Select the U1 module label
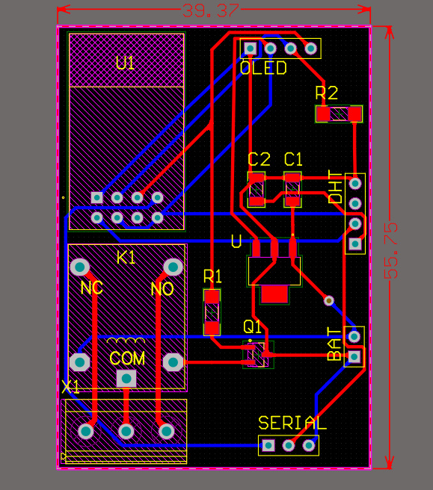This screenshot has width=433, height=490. pyautogui.click(x=126, y=63)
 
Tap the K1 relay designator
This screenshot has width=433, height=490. pyautogui.click(x=126, y=258)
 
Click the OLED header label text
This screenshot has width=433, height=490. pyautogui.click(x=263, y=69)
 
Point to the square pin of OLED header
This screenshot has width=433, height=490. pyautogui.click(x=250, y=49)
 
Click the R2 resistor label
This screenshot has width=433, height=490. pyautogui.click(x=327, y=93)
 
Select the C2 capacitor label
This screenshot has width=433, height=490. pyautogui.click(x=259, y=159)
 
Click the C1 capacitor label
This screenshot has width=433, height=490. pyautogui.click(x=294, y=159)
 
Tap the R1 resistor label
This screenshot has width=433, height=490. pyautogui.click(x=213, y=277)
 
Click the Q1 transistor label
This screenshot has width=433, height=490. pyautogui.click(x=253, y=326)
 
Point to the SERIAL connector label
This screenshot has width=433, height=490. pyautogui.click(x=292, y=424)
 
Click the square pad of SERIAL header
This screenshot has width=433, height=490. pyautogui.click(x=268, y=446)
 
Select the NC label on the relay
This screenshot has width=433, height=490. pyautogui.click(x=91, y=288)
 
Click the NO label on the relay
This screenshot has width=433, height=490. pyautogui.click(x=162, y=289)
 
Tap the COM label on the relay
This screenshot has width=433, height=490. pyautogui.click(x=127, y=359)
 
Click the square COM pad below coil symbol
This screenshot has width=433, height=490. pyautogui.click(x=126, y=378)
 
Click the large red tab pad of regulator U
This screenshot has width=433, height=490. pyautogui.click(x=274, y=294)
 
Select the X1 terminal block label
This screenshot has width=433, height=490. pyautogui.click(x=70, y=387)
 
